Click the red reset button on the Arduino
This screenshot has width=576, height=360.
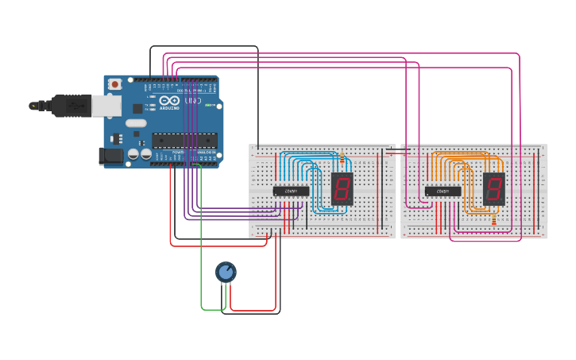tap(115, 83)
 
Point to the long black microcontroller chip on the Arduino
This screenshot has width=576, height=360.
tap(184, 141)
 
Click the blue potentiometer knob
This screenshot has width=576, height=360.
tap(226, 273)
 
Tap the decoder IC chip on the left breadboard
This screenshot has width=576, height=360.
tap(291, 191)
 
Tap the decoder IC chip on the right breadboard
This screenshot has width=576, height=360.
tap(443, 191)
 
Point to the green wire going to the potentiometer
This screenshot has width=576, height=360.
tap(201, 238)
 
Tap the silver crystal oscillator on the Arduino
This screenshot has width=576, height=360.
tap(136, 122)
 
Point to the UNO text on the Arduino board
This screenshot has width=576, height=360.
tap(193, 102)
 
